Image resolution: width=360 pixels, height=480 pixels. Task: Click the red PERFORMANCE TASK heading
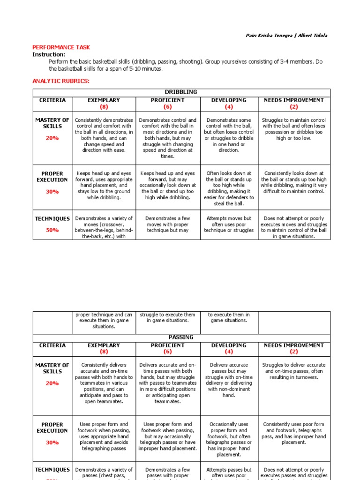point(61,47)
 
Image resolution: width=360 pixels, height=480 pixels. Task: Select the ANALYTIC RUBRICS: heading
point(60,81)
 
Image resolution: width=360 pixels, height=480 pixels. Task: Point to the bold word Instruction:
point(49,54)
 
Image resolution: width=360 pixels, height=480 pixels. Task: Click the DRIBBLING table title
point(181,92)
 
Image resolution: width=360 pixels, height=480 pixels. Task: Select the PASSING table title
point(180,337)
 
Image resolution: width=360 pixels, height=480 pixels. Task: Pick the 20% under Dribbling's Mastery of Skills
point(52,138)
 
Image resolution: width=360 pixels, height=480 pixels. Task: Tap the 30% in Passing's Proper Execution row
point(52,442)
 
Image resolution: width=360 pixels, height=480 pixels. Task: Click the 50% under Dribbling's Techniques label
point(52,230)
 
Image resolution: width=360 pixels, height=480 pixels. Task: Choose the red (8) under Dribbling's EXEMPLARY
point(104,107)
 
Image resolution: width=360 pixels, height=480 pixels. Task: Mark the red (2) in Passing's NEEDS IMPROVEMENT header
point(294,352)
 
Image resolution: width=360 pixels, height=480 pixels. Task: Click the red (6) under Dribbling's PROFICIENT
point(168,107)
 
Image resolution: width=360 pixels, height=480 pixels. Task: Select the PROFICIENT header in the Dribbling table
point(168,100)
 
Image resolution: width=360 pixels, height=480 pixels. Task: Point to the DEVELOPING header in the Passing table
point(229,345)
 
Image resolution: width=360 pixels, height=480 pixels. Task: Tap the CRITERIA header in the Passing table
point(52,345)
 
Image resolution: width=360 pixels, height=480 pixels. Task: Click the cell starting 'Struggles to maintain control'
point(294,129)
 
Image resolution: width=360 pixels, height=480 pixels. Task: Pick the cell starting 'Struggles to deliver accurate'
point(294,371)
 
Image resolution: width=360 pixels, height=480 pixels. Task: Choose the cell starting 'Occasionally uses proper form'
point(229,439)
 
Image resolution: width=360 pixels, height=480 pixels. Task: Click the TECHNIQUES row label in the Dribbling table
point(52,218)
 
